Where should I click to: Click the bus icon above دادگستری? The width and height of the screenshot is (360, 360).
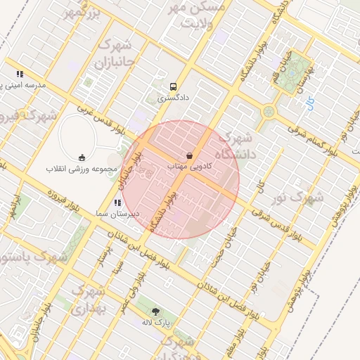pos(173,87)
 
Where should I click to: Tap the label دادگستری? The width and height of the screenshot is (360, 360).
pos(173,100)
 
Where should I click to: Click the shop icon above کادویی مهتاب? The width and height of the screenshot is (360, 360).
pos(189,155)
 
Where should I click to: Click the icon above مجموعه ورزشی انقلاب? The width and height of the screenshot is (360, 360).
pos(82,157)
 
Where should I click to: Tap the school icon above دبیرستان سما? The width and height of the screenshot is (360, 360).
pos(117,202)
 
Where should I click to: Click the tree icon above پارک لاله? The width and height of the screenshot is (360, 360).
pos(155,311)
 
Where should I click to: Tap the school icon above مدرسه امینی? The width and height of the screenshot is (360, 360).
pos(20,74)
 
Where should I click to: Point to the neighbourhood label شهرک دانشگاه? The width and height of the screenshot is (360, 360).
pos(234,146)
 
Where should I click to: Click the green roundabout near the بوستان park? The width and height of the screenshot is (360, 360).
pos(269,111)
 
